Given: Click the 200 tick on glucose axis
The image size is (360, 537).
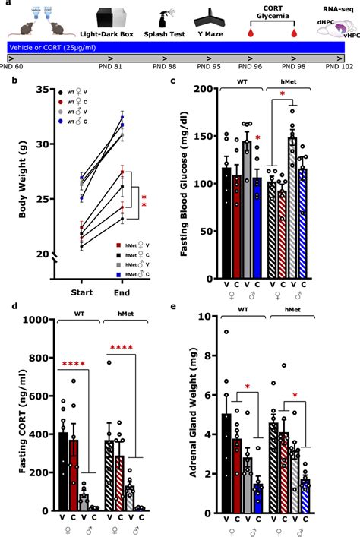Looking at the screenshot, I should click(x=202, y=89).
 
